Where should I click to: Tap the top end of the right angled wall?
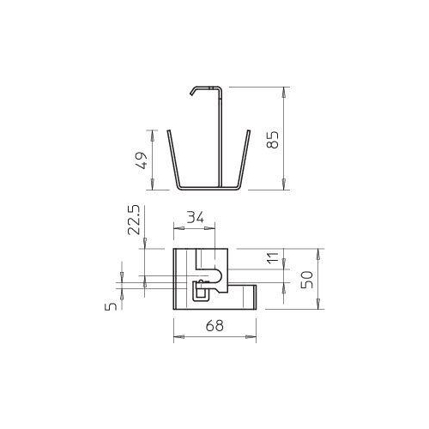pos(251,131)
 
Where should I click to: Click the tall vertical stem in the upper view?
pos(225,137)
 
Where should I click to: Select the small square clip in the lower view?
pos(200,292)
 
